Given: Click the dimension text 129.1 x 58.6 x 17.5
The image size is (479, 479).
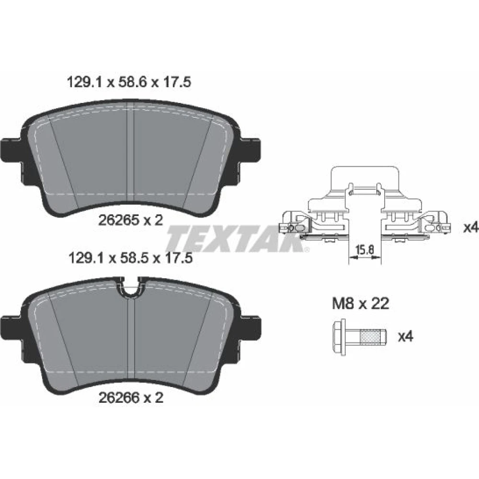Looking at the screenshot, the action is (128, 82).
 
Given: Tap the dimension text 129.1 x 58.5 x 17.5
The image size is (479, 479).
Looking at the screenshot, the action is (131, 259).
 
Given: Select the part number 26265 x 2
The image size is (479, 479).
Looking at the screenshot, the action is (131, 220).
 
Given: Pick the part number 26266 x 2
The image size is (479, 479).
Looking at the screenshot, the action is (131, 398).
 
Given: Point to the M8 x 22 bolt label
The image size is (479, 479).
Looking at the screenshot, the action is (361, 304).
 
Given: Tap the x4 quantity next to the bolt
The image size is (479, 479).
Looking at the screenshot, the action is (405, 337).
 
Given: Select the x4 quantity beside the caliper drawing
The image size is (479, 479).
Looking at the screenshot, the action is (471, 227).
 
